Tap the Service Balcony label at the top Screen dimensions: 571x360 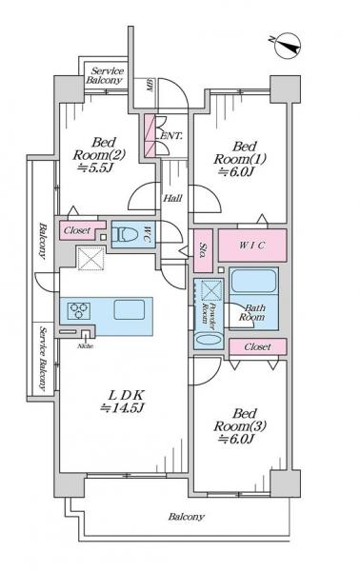point(106,76)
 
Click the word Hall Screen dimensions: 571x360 point(172,198)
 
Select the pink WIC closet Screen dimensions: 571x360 point(251,246)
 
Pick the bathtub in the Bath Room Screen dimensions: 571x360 point(253,283)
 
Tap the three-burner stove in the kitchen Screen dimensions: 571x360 point(77,309)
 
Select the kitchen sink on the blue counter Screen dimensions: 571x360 point(129,309)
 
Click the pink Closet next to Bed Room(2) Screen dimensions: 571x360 point(77,230)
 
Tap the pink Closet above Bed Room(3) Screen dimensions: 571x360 point(255,346)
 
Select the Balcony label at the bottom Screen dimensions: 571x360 point(187,517)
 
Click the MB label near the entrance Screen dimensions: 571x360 point(149,86)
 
